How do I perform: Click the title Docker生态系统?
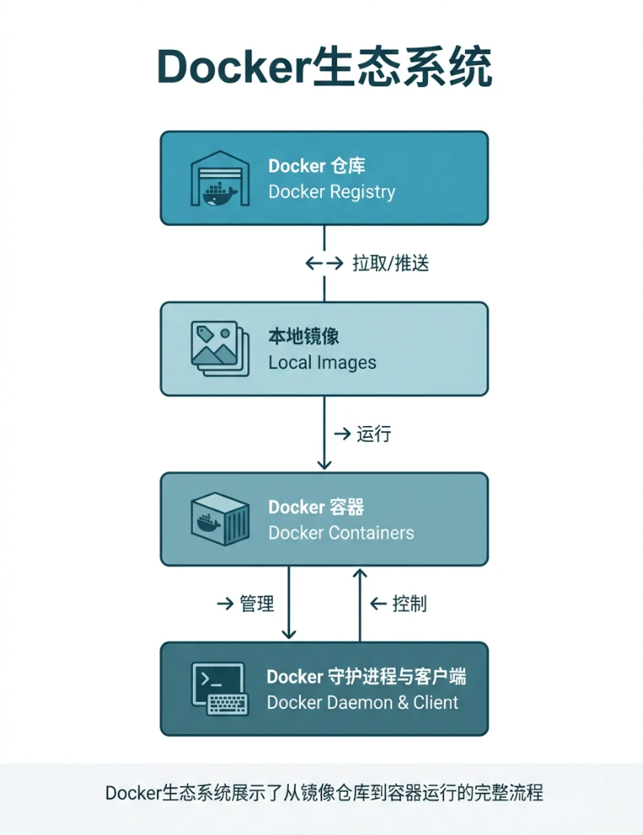[x=324, y=67]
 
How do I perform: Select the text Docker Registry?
[x=331, y=191]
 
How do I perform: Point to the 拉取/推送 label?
[x=391, y=263]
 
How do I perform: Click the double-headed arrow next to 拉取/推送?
[x=324, y=263]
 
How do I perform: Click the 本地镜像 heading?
[x=303, y=336]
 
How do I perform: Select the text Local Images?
[x=322, y=362]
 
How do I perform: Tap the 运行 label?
[x=374, y=434]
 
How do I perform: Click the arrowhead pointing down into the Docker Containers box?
[x=324, y=463]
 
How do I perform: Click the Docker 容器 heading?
[x=316, y=507]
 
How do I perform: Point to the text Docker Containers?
[x=341, y=534]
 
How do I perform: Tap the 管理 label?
[x=257, y=604]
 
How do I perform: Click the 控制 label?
[x=409, y=604]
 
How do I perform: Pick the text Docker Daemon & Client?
[x=363, y=703]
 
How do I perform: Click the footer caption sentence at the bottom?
[x=324, y=794]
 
